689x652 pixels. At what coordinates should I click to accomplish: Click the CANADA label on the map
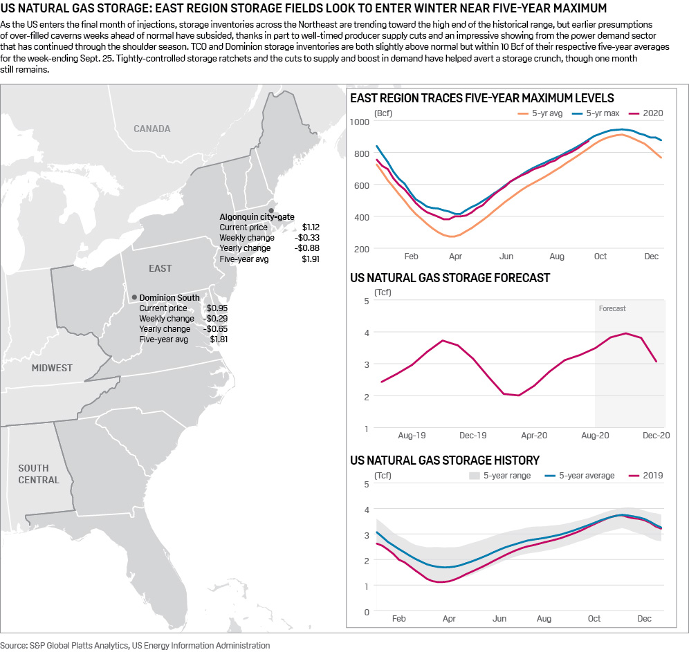[x=151, y=129]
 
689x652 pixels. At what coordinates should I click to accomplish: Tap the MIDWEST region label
[x=52, y=368]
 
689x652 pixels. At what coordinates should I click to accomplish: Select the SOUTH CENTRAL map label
[x=39, y=474]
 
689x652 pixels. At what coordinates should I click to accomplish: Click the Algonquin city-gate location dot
[x=271, y=210]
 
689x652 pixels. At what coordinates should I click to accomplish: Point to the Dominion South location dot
[x=134, y=297]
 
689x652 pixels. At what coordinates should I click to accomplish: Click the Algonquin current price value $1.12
[x=311, y=227]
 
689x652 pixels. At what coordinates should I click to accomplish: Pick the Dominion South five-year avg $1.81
[x=219, y=339]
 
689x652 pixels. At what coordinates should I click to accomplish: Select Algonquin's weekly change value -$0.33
[x=309, y=237]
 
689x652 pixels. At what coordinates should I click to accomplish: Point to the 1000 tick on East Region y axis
[x=360, y=122]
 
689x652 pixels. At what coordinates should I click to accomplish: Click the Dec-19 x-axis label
[x=473, y=436]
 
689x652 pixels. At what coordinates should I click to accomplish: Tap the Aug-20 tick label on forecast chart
[x=595, y=436]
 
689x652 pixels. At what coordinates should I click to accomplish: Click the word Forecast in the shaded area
[x=612, y=308]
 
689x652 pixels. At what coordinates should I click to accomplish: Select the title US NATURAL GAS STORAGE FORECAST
[x=450, y=278]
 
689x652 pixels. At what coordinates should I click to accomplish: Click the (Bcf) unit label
[x=383, y=112]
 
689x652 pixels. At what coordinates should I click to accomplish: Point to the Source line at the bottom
[x=136, y=645]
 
